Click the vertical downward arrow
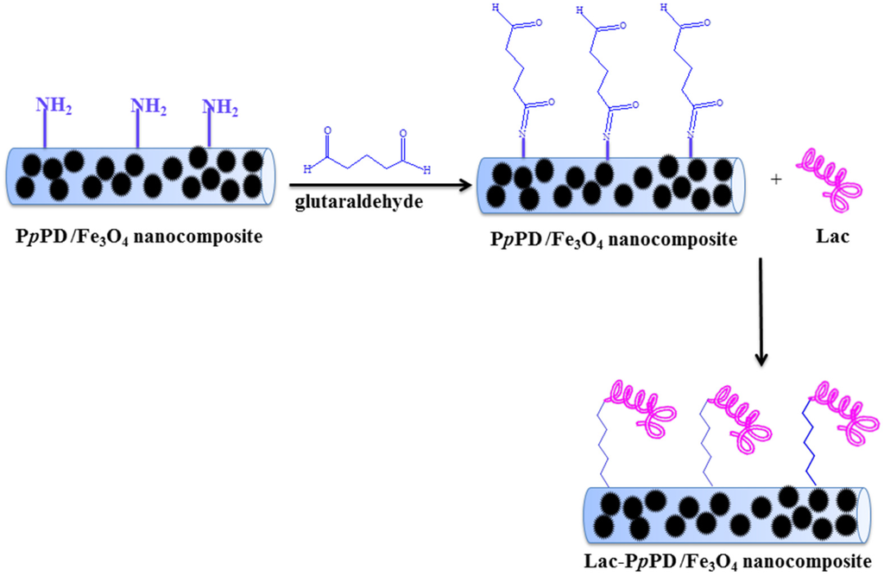pos(761,311)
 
